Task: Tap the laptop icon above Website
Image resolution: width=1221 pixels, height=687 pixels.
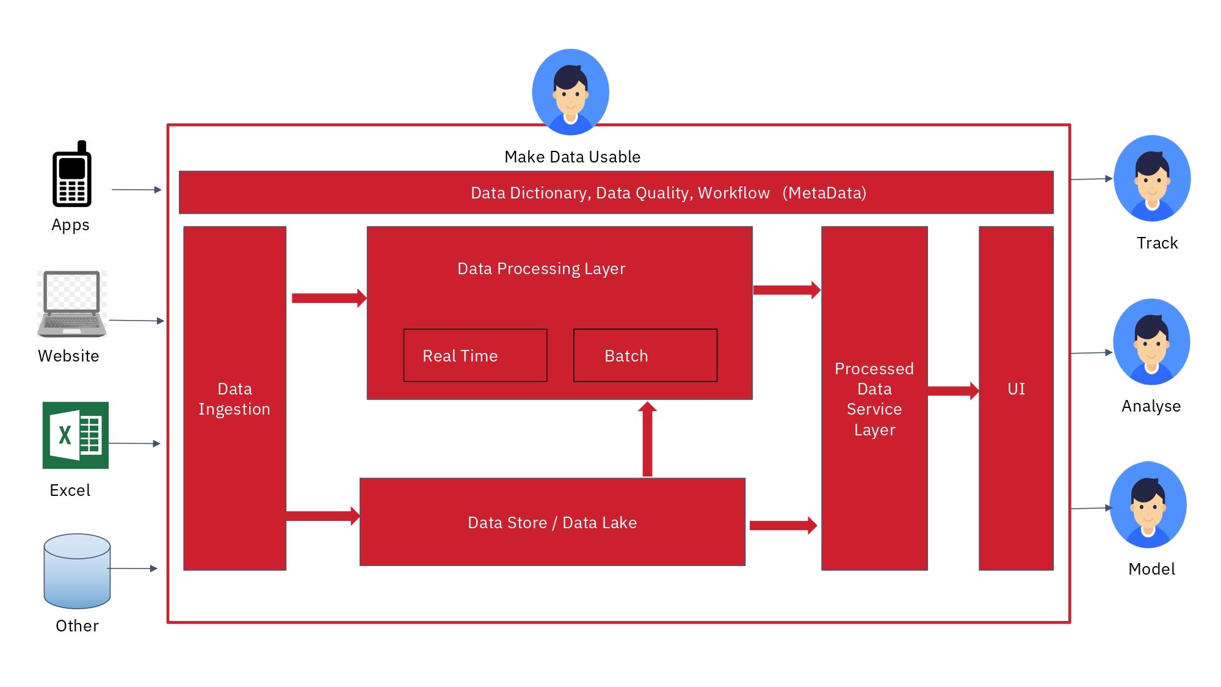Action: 72,304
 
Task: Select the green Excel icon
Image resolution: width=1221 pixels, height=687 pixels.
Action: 75,435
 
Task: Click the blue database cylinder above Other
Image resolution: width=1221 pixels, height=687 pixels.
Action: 77,571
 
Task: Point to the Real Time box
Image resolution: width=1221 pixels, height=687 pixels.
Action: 475,355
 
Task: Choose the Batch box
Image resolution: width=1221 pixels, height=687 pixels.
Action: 645,355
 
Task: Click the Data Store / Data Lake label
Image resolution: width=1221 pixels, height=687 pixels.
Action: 552,523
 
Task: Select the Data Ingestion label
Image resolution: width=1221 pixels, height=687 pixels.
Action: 234,399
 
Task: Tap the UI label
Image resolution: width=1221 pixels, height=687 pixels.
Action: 1016,389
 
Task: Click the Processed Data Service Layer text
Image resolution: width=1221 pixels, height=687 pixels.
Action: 874,399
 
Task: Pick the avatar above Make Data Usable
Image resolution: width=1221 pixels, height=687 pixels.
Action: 570,92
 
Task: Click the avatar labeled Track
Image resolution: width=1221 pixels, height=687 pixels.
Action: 1151,178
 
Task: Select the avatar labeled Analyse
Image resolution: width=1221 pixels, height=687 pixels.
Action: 1151,341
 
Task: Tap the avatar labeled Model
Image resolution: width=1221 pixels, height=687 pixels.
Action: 1147,505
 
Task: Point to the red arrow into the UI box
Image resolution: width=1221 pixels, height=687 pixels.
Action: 952,391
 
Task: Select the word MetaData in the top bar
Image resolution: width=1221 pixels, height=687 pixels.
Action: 824,193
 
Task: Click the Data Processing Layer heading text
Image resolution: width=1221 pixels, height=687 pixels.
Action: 541,269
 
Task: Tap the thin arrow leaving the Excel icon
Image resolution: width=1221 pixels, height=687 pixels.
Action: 134,443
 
